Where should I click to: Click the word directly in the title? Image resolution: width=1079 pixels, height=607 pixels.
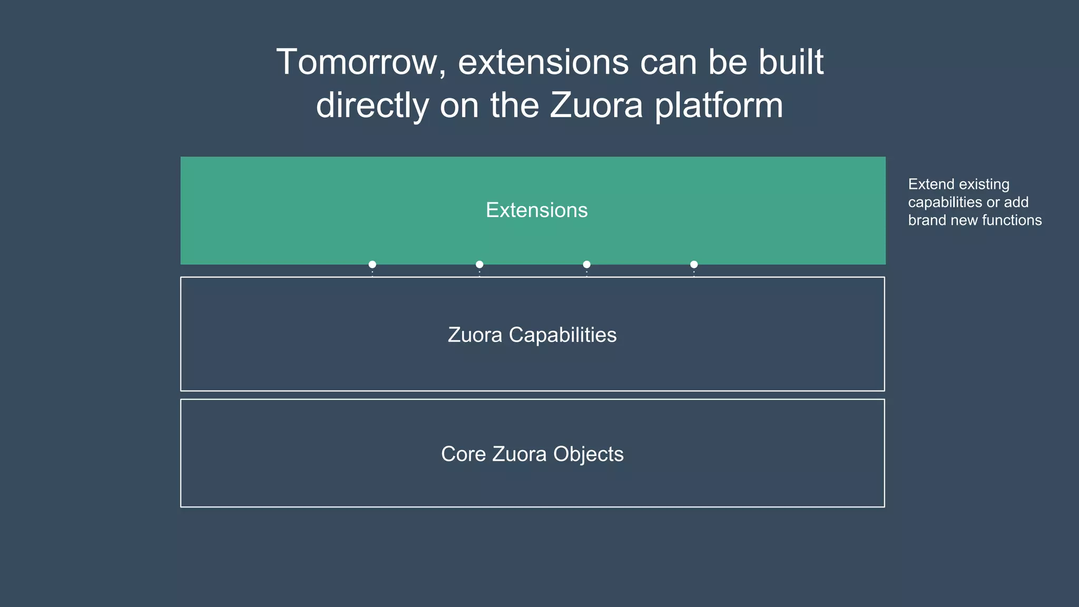[372, 105]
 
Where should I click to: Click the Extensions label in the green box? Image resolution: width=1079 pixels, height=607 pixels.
[536, 210]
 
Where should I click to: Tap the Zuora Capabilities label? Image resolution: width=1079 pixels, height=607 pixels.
[532, 335]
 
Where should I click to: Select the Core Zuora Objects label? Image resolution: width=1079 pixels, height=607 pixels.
[532, 454]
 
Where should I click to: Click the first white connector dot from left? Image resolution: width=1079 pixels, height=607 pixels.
[372, 265]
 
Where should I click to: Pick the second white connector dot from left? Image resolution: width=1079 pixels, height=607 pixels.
[479, 265]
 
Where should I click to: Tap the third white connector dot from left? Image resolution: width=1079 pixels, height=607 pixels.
[586, 265]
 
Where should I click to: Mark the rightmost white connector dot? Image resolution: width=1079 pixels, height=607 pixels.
[694, 265]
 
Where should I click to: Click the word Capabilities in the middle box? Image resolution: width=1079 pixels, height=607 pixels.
[562, 335]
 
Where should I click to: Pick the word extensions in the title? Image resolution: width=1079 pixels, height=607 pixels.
[543, 62]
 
